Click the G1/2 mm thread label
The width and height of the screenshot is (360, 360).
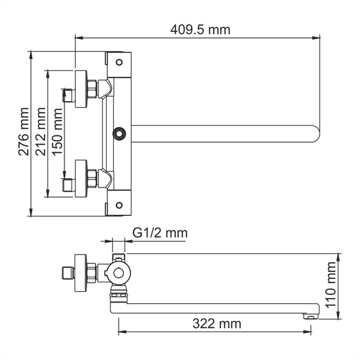pos(160,234)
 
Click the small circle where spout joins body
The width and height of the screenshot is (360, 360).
pos(118,133)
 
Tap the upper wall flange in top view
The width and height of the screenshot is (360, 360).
pos(81,89)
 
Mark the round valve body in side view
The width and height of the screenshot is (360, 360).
pos(118,273)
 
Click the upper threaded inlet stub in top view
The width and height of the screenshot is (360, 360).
pos(68,96)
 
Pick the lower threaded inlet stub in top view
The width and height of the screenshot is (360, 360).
pos(68,185)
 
